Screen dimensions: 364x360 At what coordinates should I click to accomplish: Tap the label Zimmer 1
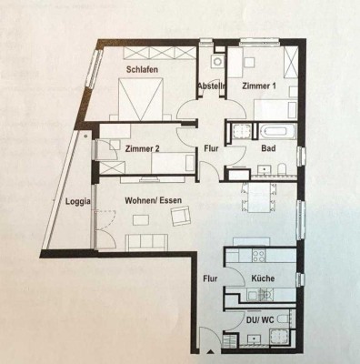(260, 85)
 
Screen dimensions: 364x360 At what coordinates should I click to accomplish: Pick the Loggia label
(78, 202)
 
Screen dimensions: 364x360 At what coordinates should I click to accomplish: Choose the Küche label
(264, 278)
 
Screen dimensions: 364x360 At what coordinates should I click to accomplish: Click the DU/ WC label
(262, 320)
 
